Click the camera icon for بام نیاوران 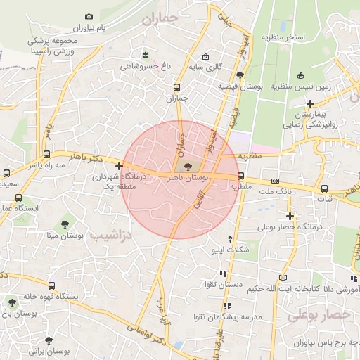click(88, 17)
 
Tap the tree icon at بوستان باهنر click(187, 167)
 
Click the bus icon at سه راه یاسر click(46, 154)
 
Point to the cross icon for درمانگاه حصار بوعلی click(289, 216)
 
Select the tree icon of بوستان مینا click(65, 224)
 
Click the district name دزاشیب click(111, 236)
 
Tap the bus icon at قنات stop click(324, 188)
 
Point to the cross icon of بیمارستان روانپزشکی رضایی click(310, 103)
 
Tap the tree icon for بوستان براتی click(48, 340)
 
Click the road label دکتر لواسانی click(148, 335)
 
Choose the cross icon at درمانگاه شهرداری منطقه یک click(119, 166)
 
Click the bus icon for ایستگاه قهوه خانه click(51, 285)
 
